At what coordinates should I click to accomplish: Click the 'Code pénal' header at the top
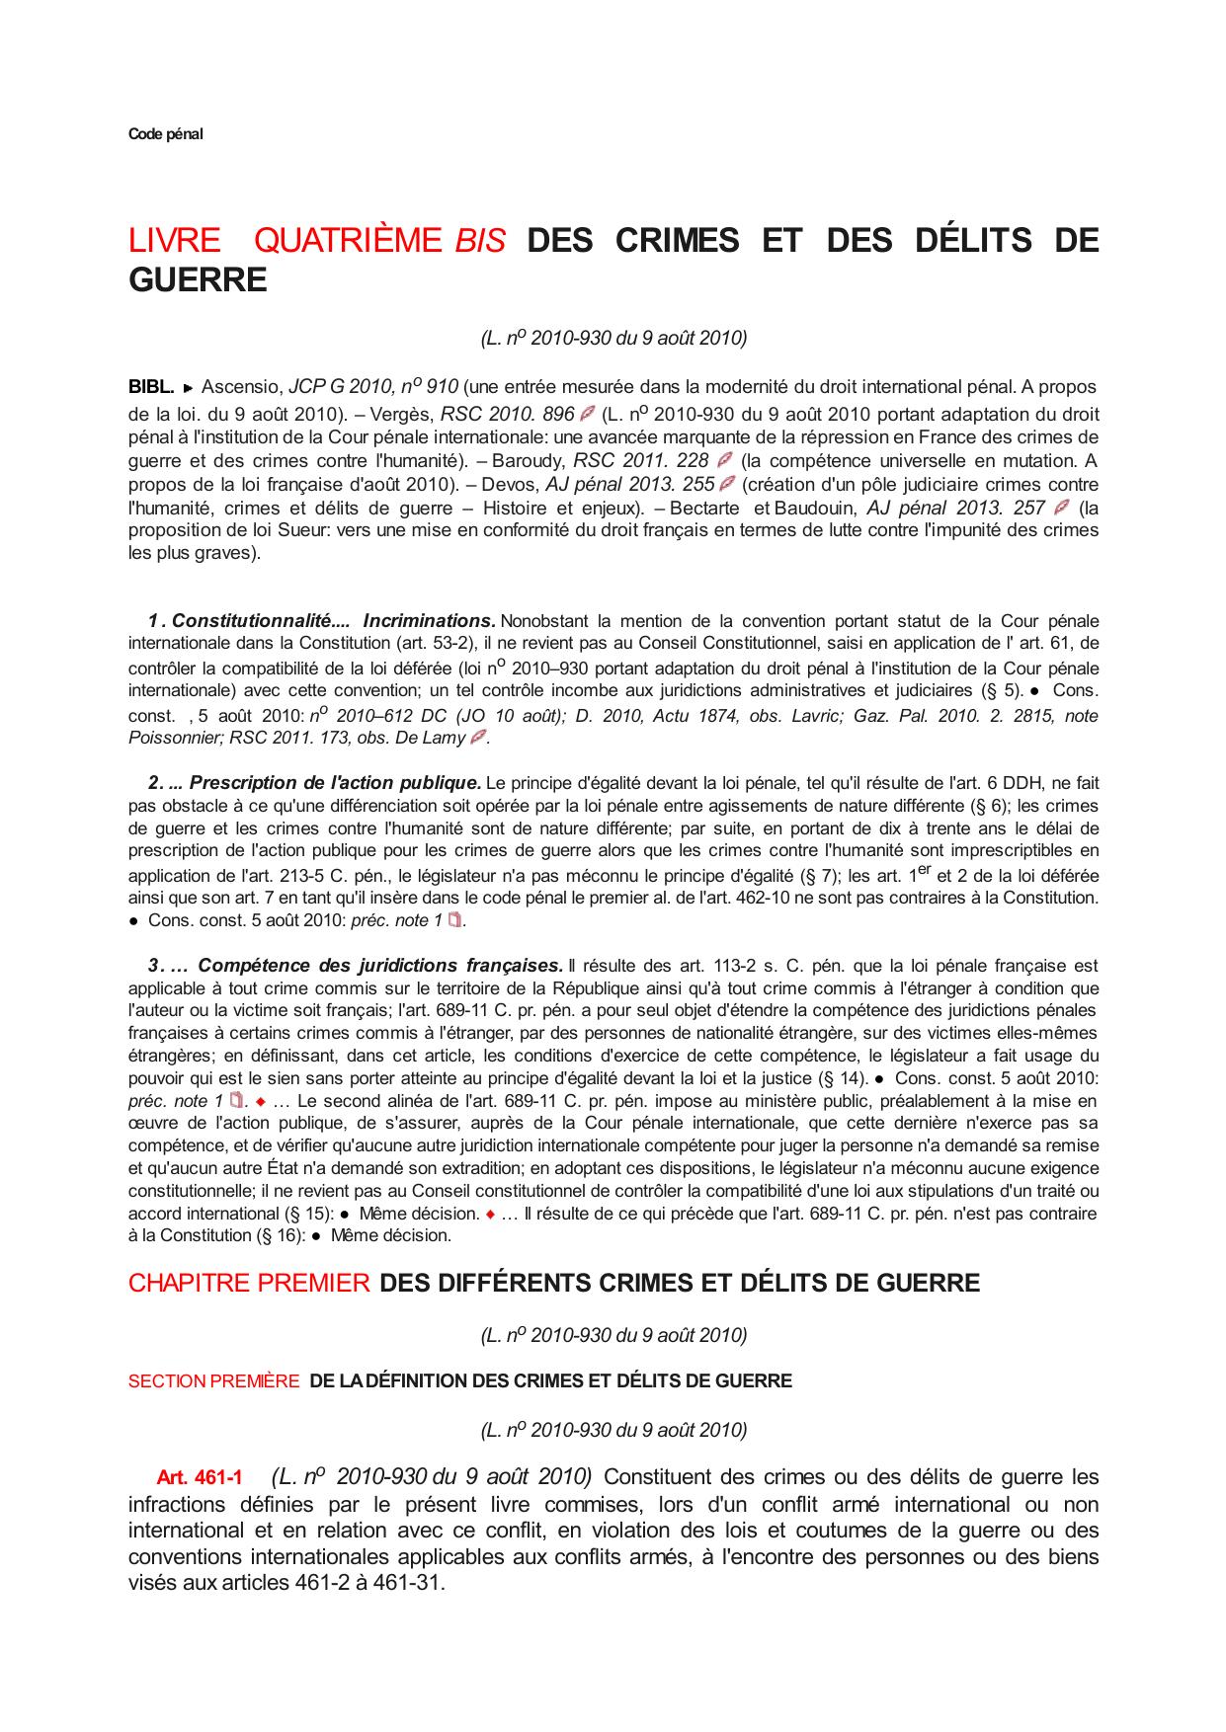click(x=165, y=134)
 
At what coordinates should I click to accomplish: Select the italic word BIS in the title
click(x=480, y=241)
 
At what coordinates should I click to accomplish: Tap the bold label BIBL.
click(x=151, y=386)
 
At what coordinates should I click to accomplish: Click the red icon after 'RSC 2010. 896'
click(x=587, y=413)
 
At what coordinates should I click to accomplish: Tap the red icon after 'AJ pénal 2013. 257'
click(x=1062, y=508)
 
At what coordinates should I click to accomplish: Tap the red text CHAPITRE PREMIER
click(x=249, y=1283)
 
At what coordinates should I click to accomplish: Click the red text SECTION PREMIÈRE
click(x=213, y=1380)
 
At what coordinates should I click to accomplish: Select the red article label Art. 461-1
click(x=199, y=1478)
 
